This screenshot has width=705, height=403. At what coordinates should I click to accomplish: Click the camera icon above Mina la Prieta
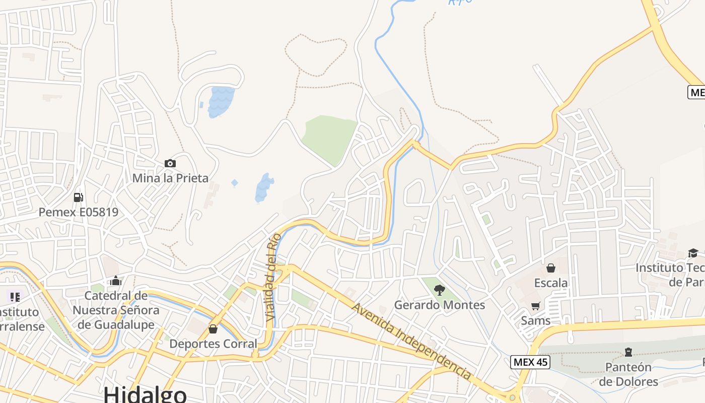pyautogui.click(x=170, y=163)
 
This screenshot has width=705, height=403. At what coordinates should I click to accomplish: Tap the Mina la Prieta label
pyautogui.click(x=170, y=178)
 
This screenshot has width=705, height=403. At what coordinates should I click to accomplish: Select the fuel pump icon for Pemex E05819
pyautogui.click(x=78, y=197)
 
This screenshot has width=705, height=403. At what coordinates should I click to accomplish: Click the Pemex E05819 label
pyautogui.click(x=79, y=212)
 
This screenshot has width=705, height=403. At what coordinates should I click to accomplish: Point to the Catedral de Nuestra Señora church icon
pyautogui.click(x=116, y=281)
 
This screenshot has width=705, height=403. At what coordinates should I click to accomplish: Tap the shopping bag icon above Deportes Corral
pyautogui.click(x=213, y=329)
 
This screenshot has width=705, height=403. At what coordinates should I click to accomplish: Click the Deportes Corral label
pyautogui.click(x=213, y=344)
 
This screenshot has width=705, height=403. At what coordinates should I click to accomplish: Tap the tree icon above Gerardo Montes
pyautogui.click(x=440, y=290)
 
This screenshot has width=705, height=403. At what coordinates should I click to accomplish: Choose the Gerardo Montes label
pyautogui.click(x=440, y=305)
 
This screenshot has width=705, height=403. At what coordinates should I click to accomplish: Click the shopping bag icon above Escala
pyautogui.click(x=551, y=267)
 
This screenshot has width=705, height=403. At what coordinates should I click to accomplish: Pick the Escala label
pyautogui.click(x=551, y=283)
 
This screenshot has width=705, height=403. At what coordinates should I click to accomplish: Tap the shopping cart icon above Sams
pyautogui.click(x=536, y=306)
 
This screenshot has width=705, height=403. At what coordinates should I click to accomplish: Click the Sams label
pyautogui.click(x=536, y=320)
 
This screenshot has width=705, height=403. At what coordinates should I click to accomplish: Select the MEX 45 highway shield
pyautogui.click(x=530, y=362)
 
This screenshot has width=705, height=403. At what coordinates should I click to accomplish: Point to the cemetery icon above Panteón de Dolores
pyautogui.click(x=628, y=351)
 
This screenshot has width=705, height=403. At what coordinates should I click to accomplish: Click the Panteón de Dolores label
pyautogui.click(x=628, y=374)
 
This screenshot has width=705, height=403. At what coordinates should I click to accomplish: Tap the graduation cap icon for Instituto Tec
pyautogui.click(x=693, y=252)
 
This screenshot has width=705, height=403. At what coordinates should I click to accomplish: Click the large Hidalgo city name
pyautogui.click(x=145, y=393)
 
